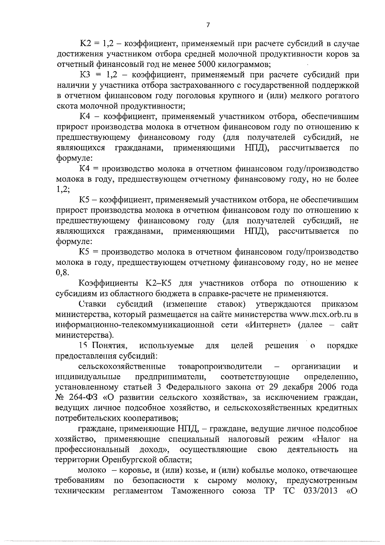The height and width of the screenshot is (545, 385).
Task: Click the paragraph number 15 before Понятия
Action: [x=83, y=346]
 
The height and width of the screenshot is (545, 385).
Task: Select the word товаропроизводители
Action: [x=220, y=367]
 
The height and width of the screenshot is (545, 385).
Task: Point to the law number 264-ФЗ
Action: [x=85, y=398]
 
